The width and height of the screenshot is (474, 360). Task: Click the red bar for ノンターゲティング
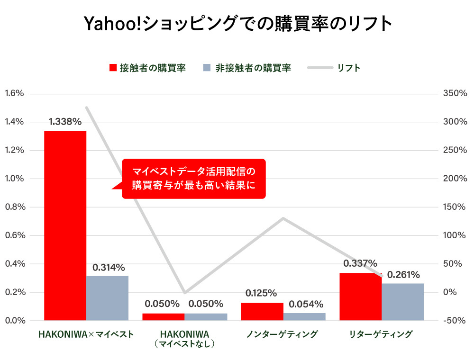click(262, 311)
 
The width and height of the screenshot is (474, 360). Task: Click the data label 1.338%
click(65, 122)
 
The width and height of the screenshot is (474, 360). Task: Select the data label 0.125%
click(261, 293)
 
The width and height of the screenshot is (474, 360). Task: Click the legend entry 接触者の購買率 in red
click(147, 68)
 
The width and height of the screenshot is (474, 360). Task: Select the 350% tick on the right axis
click(455, 93)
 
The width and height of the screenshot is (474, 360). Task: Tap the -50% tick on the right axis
click(455, 321)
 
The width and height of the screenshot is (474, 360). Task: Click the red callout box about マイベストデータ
click(193, 178)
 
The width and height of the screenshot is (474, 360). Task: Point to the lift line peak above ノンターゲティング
click(283, 218)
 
